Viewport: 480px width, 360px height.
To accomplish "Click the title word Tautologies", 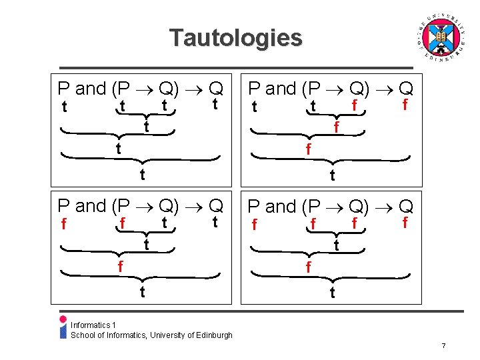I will pos(235,37).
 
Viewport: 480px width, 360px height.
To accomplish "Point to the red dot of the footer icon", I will pos(63,319).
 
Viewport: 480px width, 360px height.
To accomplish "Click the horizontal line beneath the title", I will pos(236,67).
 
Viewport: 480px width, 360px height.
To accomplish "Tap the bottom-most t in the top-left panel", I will pos(141,175).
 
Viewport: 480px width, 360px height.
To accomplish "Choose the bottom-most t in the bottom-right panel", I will pos(332,293).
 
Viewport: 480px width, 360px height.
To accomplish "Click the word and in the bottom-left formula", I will pos(91,206).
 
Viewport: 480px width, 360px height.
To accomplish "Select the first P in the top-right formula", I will pos(254,88).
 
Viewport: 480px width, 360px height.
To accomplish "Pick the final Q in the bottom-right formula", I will pos(406,207).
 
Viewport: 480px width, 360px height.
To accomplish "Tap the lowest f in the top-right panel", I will pos(307,151).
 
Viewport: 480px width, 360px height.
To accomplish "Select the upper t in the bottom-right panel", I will pos(337,245).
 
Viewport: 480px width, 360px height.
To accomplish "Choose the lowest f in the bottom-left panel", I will pos(119,267).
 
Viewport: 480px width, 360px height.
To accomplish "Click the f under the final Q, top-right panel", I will pos(404,105).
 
